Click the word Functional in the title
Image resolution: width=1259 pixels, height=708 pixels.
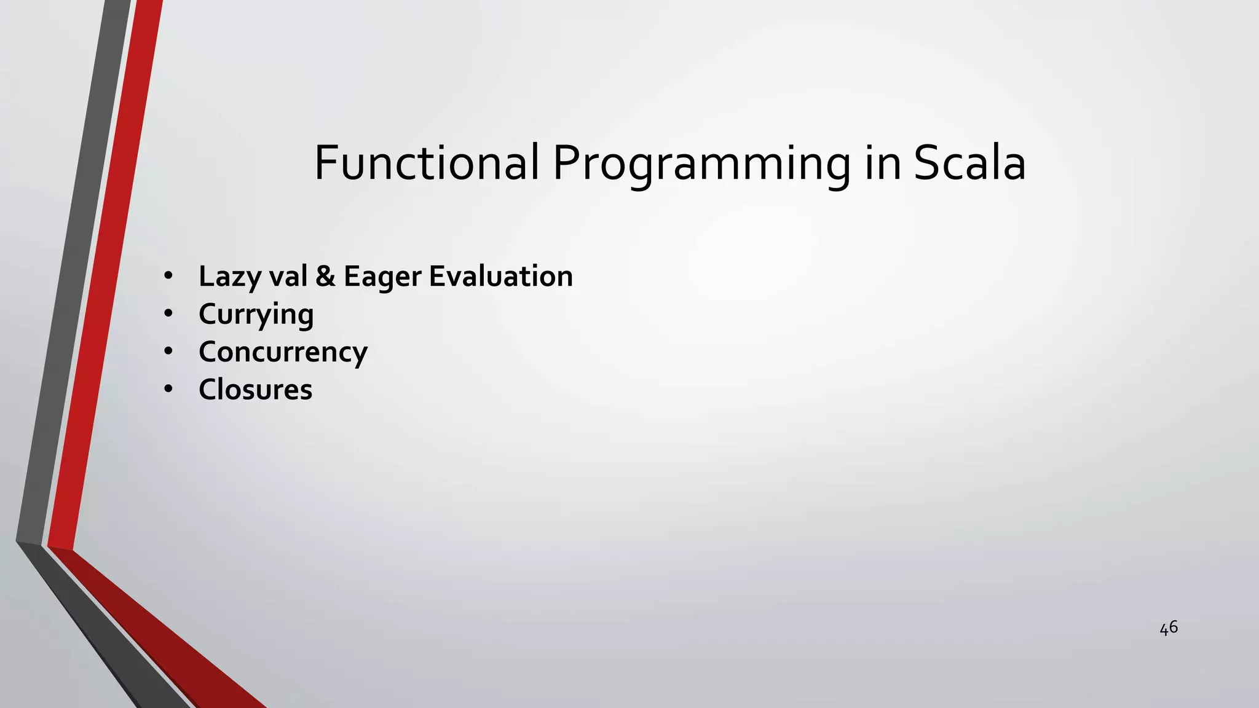coord(427,163)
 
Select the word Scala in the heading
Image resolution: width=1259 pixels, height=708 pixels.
coord(969,163)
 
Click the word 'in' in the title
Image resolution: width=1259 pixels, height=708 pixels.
coord(883,163)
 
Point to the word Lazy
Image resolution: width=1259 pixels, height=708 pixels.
coord(224,277)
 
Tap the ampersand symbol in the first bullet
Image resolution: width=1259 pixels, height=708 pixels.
coord(325,276)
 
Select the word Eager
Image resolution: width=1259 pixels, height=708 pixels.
coord(381,277)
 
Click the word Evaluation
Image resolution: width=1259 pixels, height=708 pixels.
coord(500,276)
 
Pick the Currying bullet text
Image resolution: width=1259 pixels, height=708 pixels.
coord(256,315)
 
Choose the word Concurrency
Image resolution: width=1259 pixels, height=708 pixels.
coord(283,352)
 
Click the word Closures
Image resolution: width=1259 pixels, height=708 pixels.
coord(255,390)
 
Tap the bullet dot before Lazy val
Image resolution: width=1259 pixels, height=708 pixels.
coord(168,277)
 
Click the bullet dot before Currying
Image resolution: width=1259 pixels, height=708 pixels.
coord(168,314)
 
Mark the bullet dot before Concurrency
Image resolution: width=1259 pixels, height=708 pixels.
coord(168,352)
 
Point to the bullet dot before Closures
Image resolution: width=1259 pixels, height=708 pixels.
coord(168,390)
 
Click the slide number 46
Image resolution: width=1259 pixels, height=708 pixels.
coord(1168,628)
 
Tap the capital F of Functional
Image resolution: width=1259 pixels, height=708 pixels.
coord(326,162)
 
